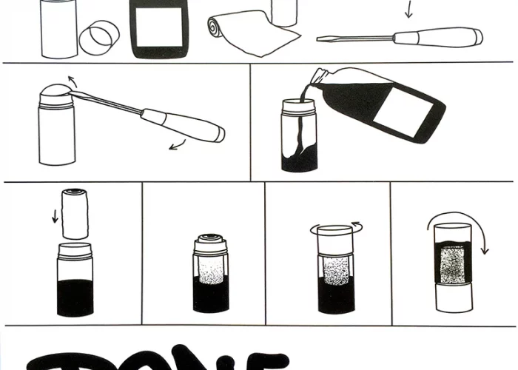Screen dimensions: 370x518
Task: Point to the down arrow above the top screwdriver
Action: (406, 10)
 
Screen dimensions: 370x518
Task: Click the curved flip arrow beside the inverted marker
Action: (484, 237)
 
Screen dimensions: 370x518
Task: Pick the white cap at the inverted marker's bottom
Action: (453, 297)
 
